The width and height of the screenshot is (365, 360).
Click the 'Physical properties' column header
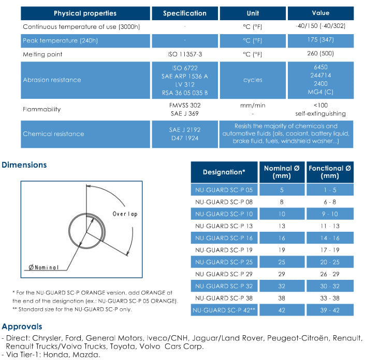coord(85,13)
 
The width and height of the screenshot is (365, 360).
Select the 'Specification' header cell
coord(184,13)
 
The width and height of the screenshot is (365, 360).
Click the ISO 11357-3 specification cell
coord(184,54)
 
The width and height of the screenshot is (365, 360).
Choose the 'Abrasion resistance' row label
coord(52,80)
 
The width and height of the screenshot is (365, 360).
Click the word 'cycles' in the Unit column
coord(253,80)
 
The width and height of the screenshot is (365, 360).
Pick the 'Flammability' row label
coord(41,109)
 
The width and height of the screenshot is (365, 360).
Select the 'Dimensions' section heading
coord(24,165)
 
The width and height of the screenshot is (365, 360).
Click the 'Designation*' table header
coord(224,172)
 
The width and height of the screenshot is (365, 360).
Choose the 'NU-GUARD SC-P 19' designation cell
coord(224,250)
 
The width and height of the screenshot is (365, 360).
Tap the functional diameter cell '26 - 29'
coord(330,274)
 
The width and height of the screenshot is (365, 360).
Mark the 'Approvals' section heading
coord(22,326)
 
